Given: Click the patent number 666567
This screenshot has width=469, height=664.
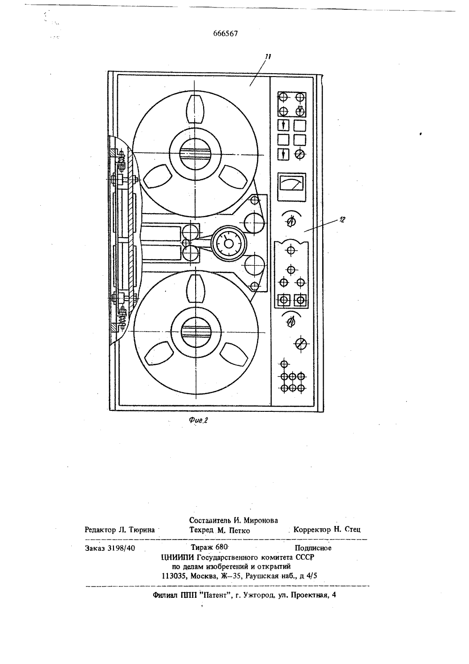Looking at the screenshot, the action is (x=225, y=33).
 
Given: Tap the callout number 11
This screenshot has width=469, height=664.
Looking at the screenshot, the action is (x=268, y=57).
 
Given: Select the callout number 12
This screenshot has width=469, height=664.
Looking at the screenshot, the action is (x=342, y=220).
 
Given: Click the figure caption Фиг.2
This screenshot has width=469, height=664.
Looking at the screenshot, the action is (x=198, y=420).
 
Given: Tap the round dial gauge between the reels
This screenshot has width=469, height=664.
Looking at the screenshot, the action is (x=228, y=244).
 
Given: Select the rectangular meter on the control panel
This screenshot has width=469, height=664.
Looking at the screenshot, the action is (x=292, y=187).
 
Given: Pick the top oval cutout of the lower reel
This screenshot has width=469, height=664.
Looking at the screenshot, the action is (x=196, y=288).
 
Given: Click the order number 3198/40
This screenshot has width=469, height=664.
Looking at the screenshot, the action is (x=121, y=548).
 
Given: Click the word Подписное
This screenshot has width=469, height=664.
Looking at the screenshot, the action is (x=313, y=548).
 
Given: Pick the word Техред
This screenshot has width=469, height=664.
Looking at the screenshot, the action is (x=201, y=530).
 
